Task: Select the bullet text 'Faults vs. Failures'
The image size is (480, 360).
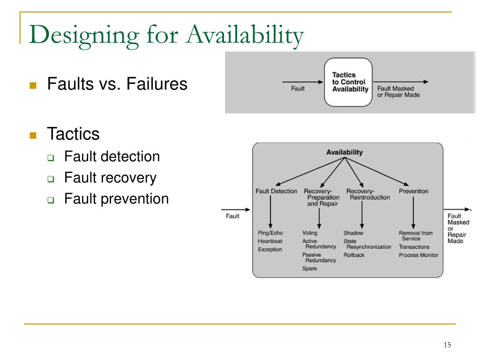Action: (117, 84)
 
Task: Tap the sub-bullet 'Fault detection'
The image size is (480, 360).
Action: (112, 156)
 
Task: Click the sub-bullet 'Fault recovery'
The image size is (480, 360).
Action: (110, 178)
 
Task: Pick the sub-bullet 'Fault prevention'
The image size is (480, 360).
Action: (116, 199)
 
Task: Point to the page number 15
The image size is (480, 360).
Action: (447, 345)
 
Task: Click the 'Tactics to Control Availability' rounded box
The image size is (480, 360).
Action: (348, 82)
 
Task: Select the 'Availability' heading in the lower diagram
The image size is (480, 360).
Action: (345, 152)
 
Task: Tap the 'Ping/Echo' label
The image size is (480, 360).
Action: (270, 233)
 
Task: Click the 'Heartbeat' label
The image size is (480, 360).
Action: (270, 241)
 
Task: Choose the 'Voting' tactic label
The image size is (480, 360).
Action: (310, 233)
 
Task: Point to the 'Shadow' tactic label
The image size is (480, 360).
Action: (353, 233)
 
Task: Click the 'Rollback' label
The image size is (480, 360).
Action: (354, 255)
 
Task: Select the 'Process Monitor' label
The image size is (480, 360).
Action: (419, 255)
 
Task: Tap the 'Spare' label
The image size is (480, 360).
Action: (309, 269)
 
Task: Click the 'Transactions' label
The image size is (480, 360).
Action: (414, 247)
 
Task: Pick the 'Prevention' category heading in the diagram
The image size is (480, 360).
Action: (413, 191)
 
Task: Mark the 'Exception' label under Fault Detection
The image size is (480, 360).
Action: (270, 250)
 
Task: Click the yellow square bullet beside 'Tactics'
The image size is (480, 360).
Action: (33, 135)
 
